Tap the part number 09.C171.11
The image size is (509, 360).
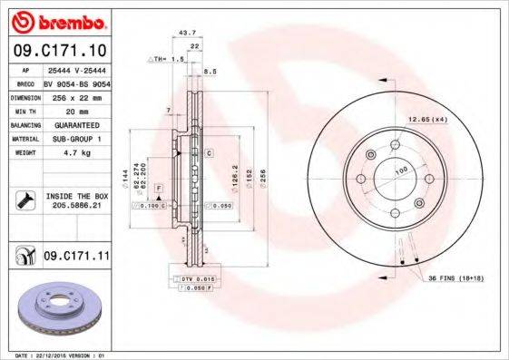pyautogui.click(x=76, y=257)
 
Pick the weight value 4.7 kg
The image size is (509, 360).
pyautogui.click(x=69, y=153)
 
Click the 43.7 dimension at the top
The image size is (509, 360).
pyautogui.click(x=188, y=33)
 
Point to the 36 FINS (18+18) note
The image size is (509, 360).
pyautogui.click(x=459, y=278)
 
